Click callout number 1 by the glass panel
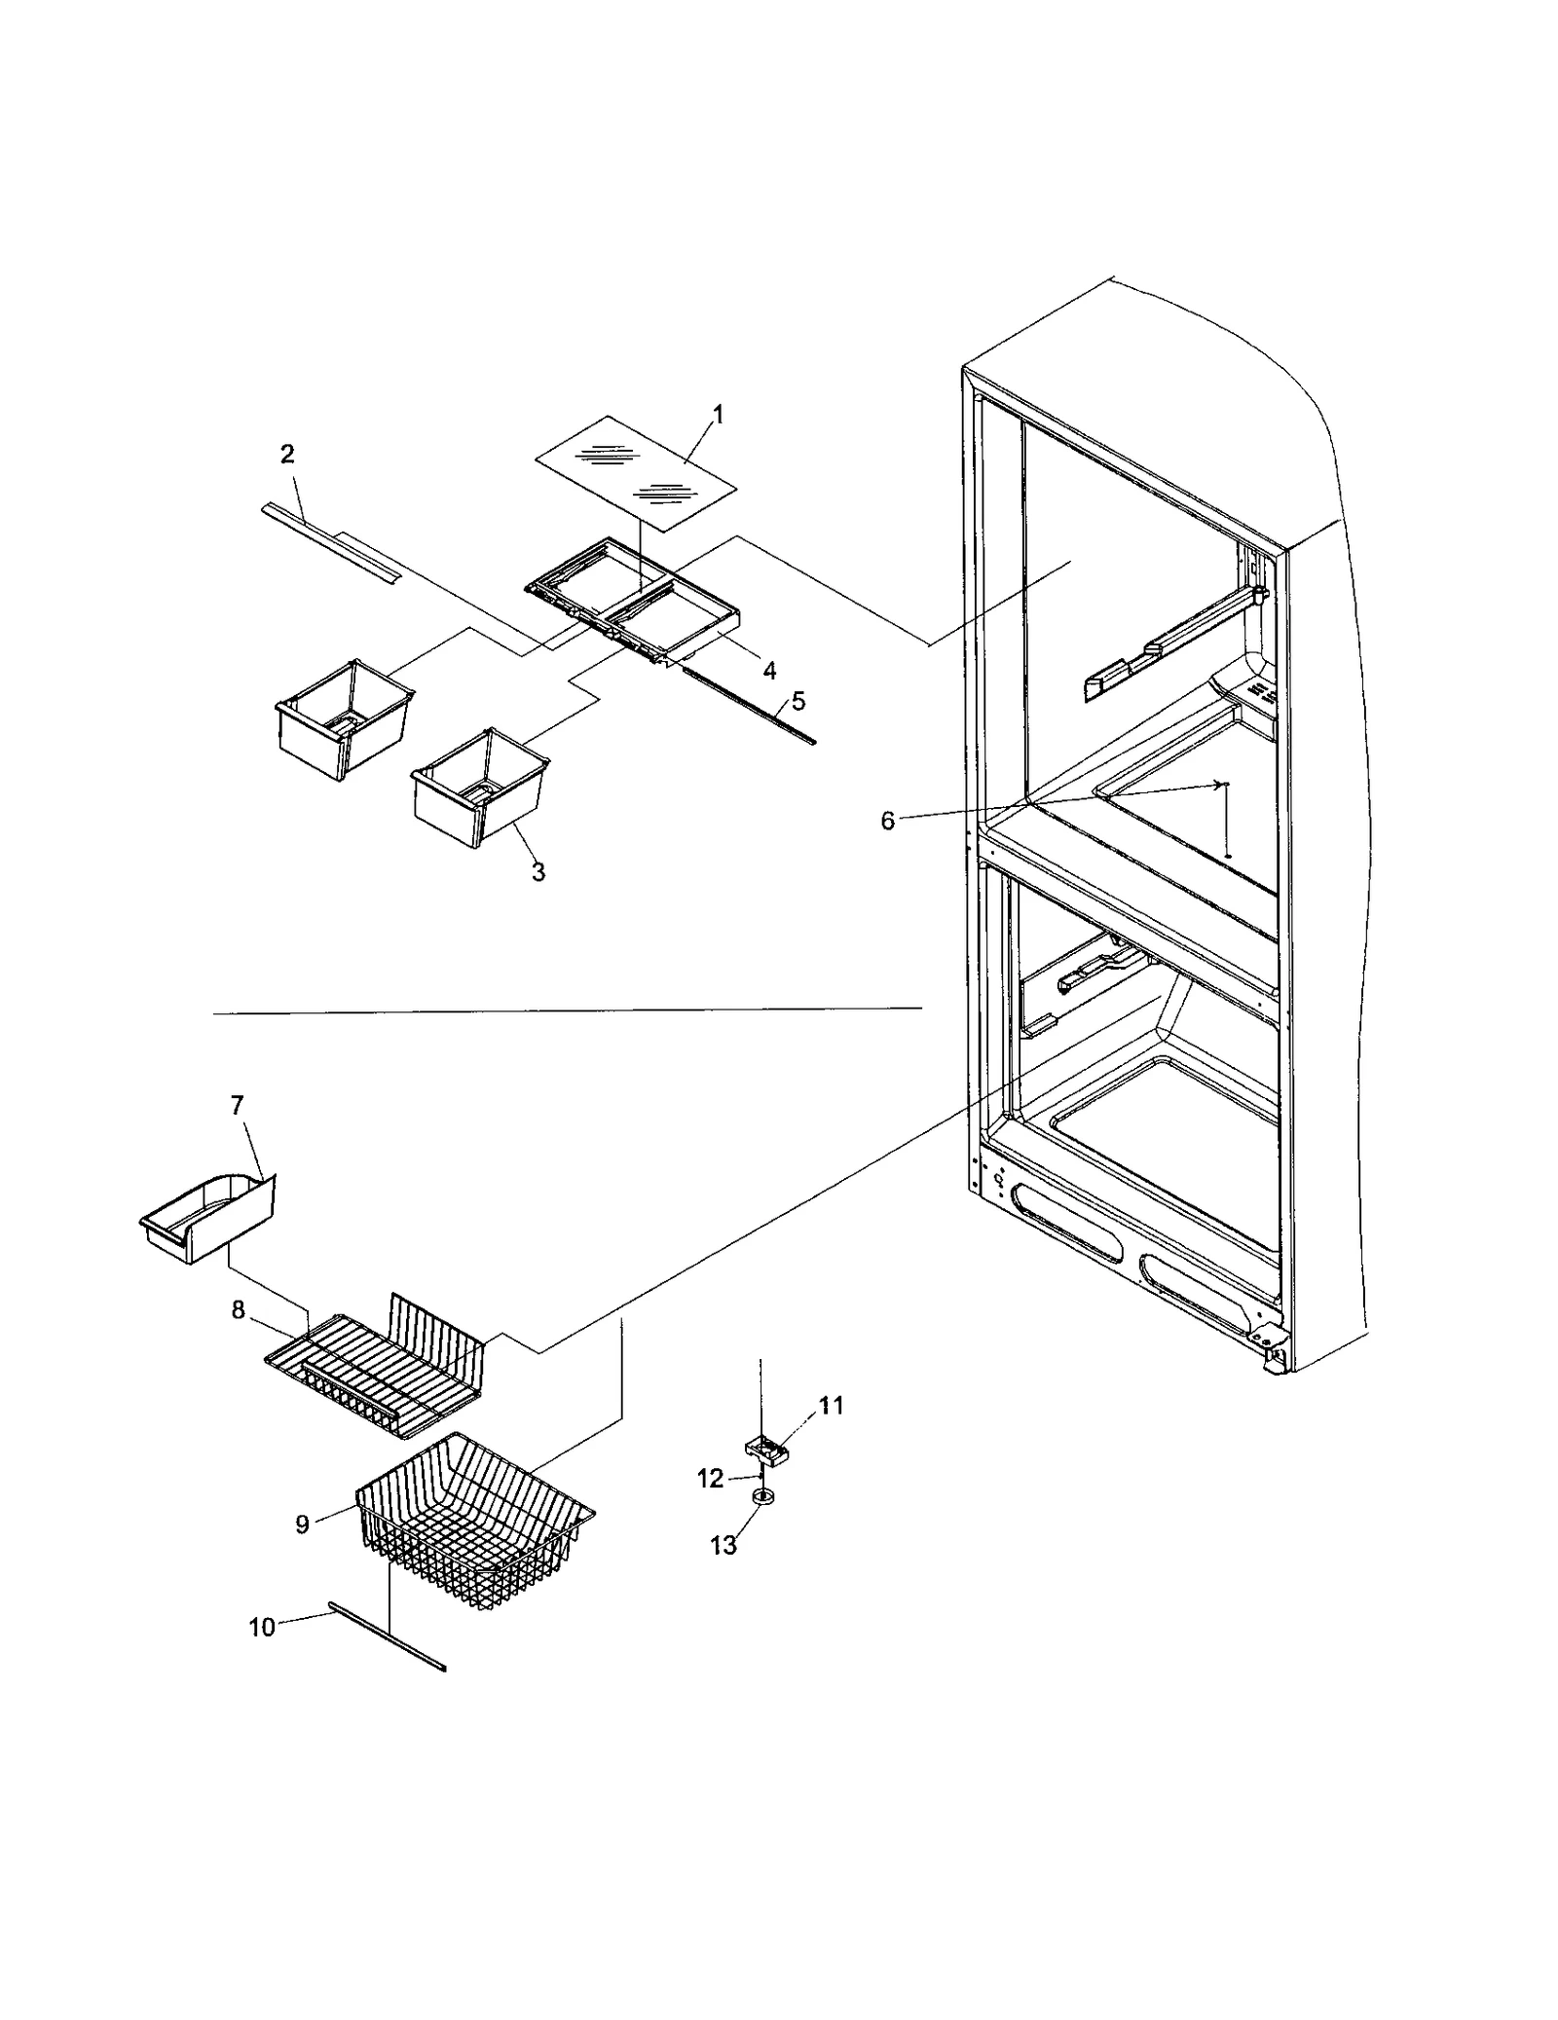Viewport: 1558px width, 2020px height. point(718,415)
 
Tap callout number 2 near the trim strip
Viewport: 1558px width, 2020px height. point(287,455)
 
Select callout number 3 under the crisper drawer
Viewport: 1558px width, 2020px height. point(538,872)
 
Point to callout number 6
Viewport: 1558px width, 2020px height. point(887,821)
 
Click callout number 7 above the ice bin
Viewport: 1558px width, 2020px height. point(237,1105)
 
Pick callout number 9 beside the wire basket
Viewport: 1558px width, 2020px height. point(303,1524)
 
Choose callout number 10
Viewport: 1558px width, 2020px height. point(262,1627)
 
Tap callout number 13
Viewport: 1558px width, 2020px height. point(723,1546)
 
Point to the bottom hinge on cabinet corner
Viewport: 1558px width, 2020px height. point(1275,1358)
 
